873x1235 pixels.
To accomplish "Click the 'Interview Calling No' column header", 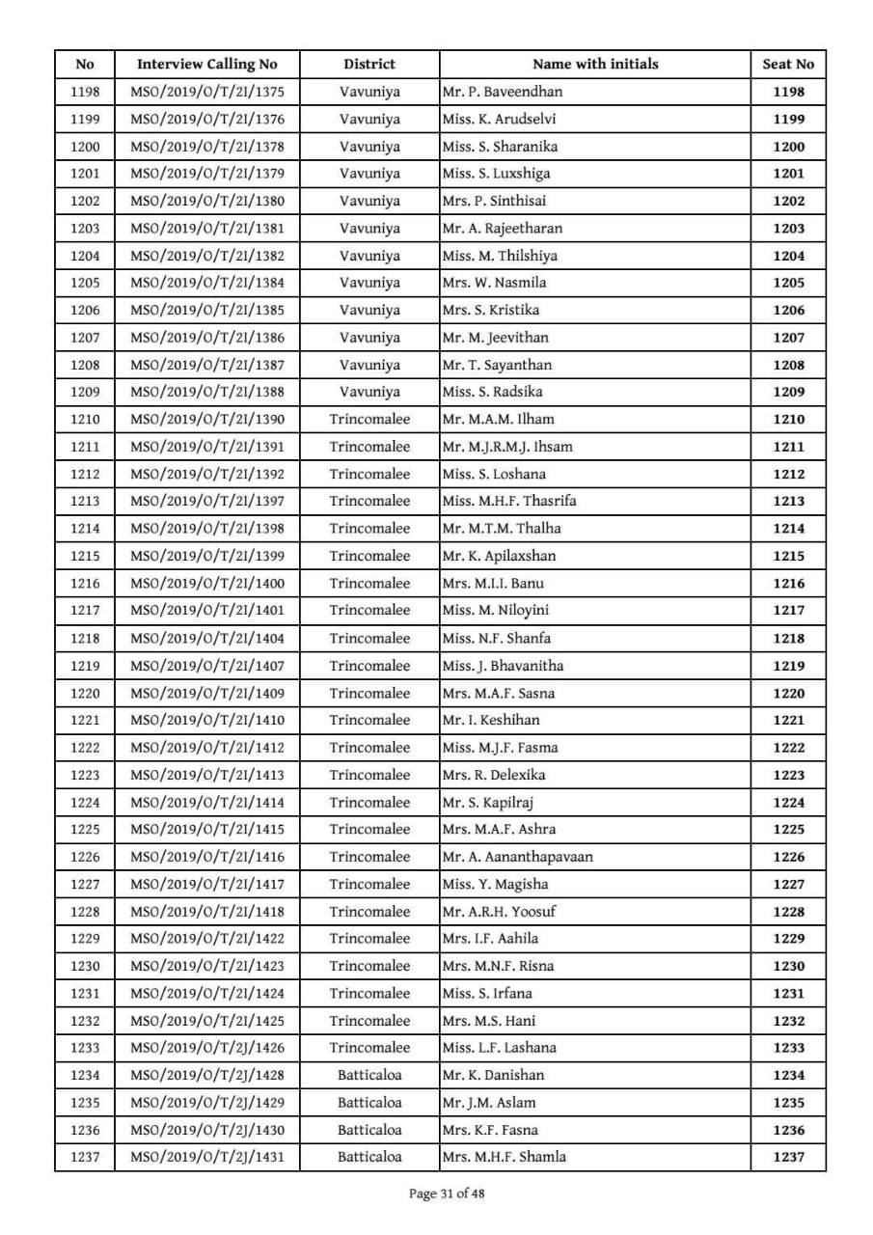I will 206,65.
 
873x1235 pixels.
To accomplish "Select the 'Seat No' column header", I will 788,65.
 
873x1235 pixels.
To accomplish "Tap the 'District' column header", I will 369,65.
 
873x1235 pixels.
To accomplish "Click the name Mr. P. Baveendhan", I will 502,92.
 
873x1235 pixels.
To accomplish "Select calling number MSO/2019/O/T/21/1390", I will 206,420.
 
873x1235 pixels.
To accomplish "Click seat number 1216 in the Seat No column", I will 788,583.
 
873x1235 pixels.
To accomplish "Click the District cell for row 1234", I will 369,1075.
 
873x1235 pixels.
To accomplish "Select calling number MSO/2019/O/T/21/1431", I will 206,1157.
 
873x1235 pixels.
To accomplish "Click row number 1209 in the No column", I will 85,393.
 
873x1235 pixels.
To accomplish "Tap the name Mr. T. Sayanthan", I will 497,365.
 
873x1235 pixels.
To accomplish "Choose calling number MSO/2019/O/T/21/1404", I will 206,638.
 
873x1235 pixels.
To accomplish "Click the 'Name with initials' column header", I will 595,65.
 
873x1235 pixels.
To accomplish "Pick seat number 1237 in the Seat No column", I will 788,1157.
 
